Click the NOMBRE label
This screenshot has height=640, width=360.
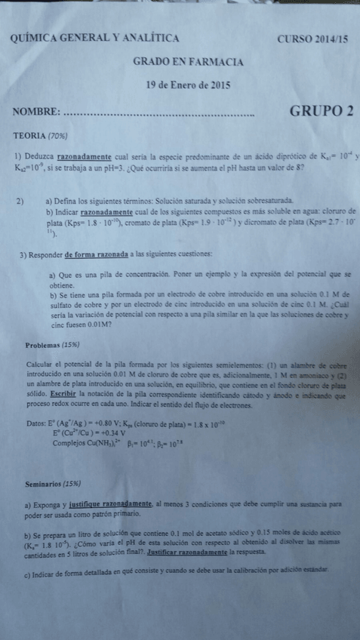(x=36, y=112)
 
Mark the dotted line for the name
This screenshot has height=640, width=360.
(x=160, y=115)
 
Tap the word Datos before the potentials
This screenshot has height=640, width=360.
(x=36, y=424)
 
